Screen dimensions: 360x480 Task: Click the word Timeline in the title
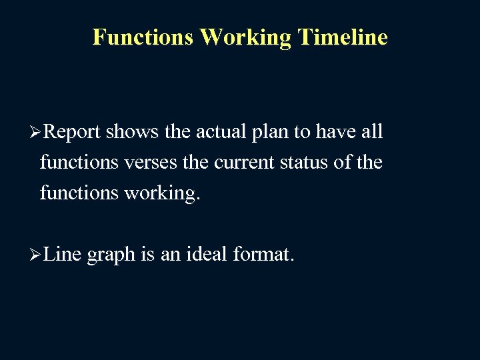(x=343, y=37)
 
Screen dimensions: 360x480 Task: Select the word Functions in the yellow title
(x=143, y=37)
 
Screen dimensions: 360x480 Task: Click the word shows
(x=132, y=132)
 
